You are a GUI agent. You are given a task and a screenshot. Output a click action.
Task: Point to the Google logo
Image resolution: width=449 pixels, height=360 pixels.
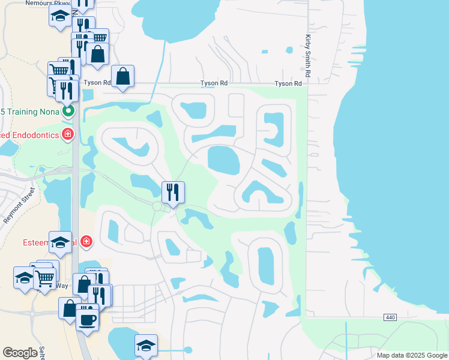20,353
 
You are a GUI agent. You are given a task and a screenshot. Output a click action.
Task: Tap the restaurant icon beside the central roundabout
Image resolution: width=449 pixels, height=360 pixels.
172,192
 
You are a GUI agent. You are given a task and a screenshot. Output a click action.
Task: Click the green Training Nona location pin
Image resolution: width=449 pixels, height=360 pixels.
68,111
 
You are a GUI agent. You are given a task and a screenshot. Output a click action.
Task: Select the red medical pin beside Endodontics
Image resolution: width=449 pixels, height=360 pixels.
67,134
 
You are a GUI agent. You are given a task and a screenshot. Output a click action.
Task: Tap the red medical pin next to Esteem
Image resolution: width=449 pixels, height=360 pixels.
87,242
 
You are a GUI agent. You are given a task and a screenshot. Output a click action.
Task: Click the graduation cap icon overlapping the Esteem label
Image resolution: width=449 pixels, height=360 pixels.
60,242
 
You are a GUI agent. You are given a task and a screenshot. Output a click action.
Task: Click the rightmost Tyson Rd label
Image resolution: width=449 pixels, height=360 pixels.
288,83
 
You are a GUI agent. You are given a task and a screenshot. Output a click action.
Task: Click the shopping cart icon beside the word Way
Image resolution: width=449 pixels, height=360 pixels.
44,277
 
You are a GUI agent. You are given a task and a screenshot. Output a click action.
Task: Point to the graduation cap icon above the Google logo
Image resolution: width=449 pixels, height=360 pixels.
146,345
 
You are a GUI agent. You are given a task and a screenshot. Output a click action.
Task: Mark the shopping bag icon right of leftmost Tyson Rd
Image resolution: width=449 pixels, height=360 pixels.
122,76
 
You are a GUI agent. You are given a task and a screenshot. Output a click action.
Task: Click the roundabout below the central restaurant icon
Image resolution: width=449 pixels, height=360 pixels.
158,206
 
